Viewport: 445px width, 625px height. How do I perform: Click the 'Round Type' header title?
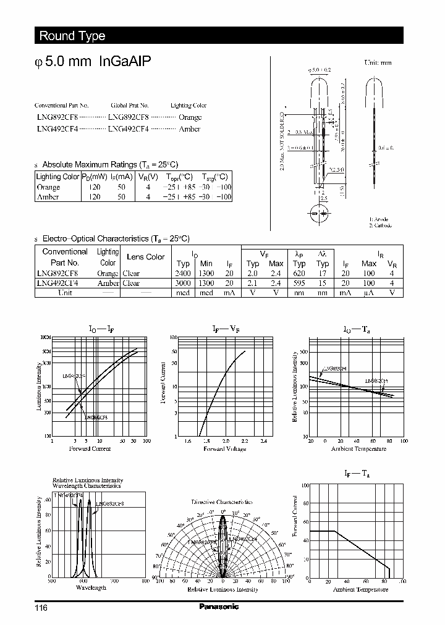pyautogui.click(x=72, y=36)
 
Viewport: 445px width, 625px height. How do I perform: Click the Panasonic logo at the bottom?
pyautogui.click(x=218, y=606)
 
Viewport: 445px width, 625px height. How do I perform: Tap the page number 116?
pyautogui.click(x=41, y=608)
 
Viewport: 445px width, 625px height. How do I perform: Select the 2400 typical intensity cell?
pyautogui.click(x=182, y=274)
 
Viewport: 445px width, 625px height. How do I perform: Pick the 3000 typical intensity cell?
pyautogui.click(x=182, y=283)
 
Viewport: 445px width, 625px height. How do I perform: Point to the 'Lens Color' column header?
pyautogui.click(x=145, y=257)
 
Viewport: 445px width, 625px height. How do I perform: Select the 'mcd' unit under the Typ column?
pyautogui.click(x=182, y=293)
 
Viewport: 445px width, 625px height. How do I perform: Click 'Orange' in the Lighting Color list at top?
pyautogui.click(x=190, y=117)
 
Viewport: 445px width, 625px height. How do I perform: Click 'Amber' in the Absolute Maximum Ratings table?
pyautogui.click(x=48, y=197)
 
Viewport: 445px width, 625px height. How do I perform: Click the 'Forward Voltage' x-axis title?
pyautogui.click(x=225, y=449)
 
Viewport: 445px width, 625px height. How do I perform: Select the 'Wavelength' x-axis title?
pyautogui.click(x=90, y=587)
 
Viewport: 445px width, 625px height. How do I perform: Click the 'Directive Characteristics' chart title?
pyautogui.click(x=222, y=502)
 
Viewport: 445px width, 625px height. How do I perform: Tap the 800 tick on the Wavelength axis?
pyautogui.click(x=145, y=581)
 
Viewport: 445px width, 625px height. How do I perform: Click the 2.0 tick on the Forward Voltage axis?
pyautogui.click(x=226, y=441)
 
